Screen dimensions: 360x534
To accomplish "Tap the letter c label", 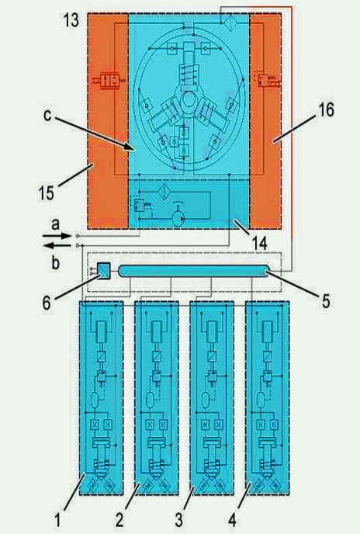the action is pyautogui.click(x=47, y=115).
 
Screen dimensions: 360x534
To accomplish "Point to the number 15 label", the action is pyautogui.click(x=46, y=193).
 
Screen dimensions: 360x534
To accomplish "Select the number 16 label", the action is pyautogui.click(x=326, y=110).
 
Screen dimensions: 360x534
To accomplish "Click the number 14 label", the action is pyautogui.click(x=260, y=243).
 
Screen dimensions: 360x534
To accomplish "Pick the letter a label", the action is pyautogui.click(x=55, y=225).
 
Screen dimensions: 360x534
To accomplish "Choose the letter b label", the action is pyautogui.click(x=56, y=262).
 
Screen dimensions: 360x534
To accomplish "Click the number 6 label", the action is pyautogui.click(x=47, y=303).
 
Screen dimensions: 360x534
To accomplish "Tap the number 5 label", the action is pyautogui.click(x=326, y=301).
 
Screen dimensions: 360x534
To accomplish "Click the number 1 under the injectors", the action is pyautogui.click(x=57, y=520).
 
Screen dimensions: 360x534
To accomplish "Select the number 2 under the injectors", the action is pyautogui.click(x=119, y=520).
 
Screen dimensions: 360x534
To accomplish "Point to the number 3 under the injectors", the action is pyautogui.click(x=178, y=520).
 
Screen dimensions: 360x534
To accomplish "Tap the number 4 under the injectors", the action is pyautogui.click(x=232, y=520).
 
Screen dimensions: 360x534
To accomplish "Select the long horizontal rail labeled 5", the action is pyautogui.click(x=193, y=271).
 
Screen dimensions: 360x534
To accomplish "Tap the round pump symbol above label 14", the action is pyautogui.click(x=178, y=218).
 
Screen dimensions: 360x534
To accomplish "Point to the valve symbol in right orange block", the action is pyautogui.click(x=268, y=81).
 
